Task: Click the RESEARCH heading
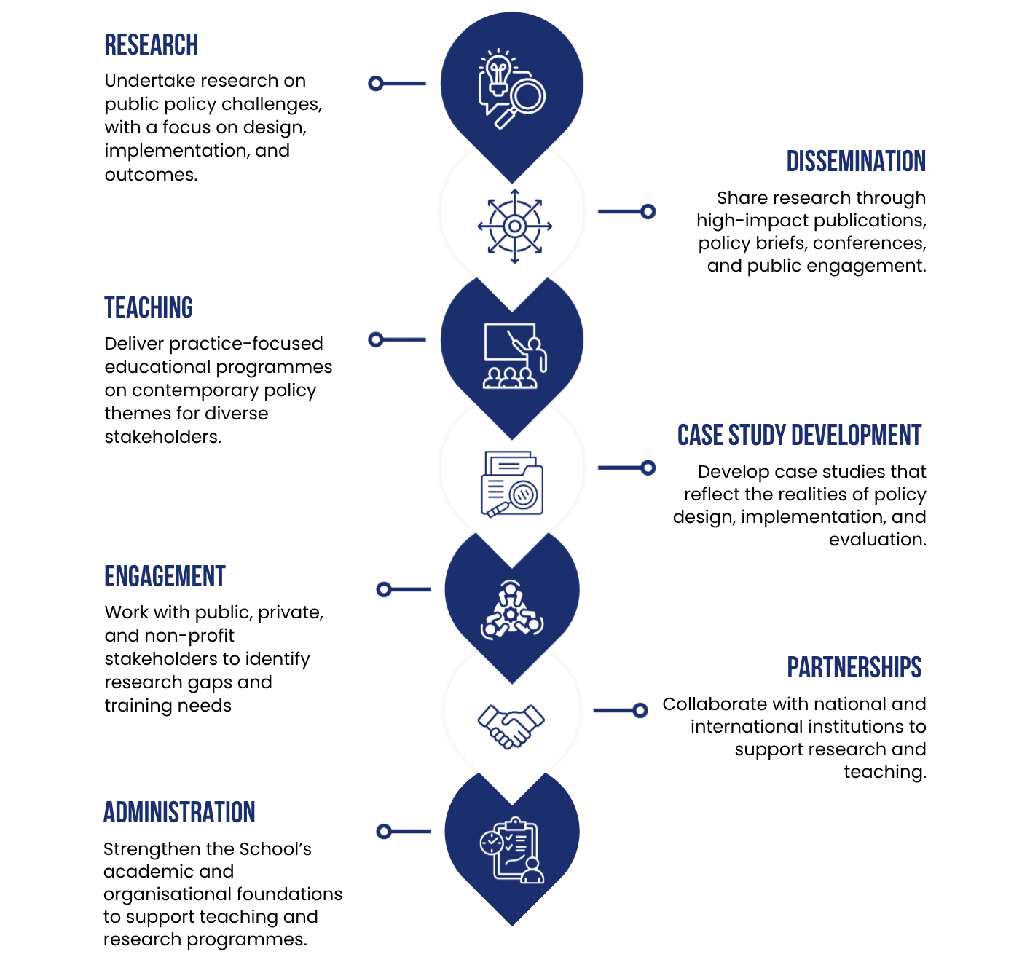pos(151,44)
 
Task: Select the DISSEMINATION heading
pos(855,161)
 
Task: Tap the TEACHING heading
pos(149,307)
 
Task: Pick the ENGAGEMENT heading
pos(165,576)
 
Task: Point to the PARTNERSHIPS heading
pos(854,667)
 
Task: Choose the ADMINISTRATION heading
pos(179,812)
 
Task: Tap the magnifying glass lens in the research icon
pos(527,95)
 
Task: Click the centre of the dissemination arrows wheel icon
pos(514,226)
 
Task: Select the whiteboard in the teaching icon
pos(509,342)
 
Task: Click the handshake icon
pos(511,726)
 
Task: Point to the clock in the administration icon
pos(491,843)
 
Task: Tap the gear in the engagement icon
pos(511,615)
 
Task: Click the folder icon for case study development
pos(512,484)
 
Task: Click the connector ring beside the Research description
pos(375,83)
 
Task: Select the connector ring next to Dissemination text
pos(648,211)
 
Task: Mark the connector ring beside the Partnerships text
pos(640,710)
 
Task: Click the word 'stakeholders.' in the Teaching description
pos(163,437)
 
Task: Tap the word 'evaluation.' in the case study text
pos(877,540)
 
